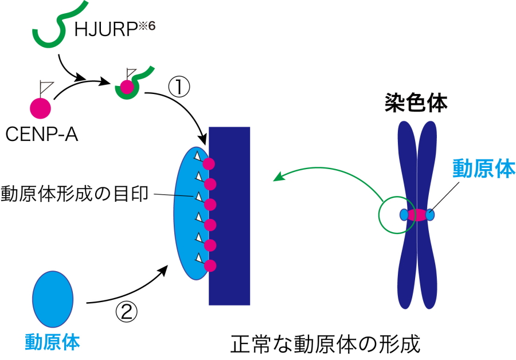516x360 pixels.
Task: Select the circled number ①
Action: [x=178, y=87]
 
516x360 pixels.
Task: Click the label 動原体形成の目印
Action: [x=75, y=194]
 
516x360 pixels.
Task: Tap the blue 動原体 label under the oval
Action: [x=52, y=342]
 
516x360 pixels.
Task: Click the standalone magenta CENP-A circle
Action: [x=40, y=107]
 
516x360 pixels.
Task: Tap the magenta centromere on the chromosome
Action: [x=417, y=215]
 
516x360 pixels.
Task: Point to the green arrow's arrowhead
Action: [x=277, y=178]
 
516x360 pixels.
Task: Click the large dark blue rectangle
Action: [x=229, y=216]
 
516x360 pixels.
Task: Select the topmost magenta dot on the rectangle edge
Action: [x=209, y=164]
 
